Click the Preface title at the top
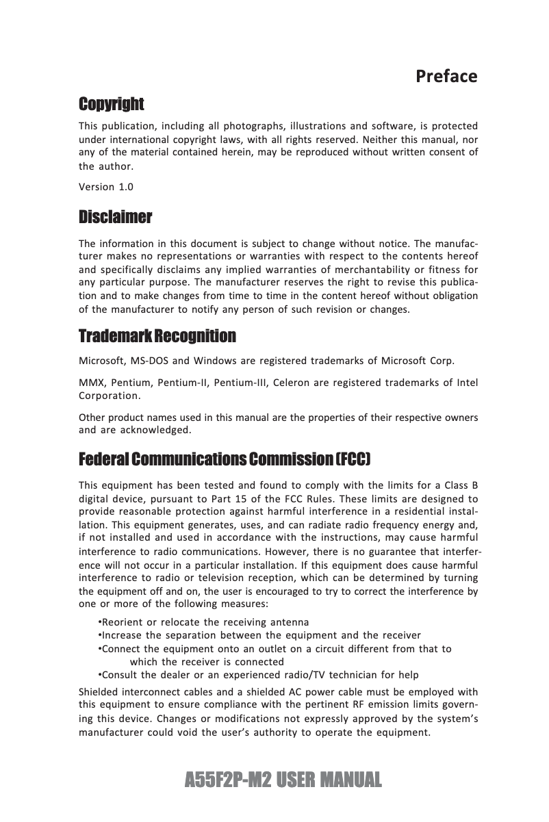(x=446, y=76)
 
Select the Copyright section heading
(x=112, y=104)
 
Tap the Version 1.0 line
(x=106, y=187)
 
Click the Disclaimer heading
(x=115, y=218)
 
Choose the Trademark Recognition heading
(x=157, y=336)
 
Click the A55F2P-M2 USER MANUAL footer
(x=283, y=780)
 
